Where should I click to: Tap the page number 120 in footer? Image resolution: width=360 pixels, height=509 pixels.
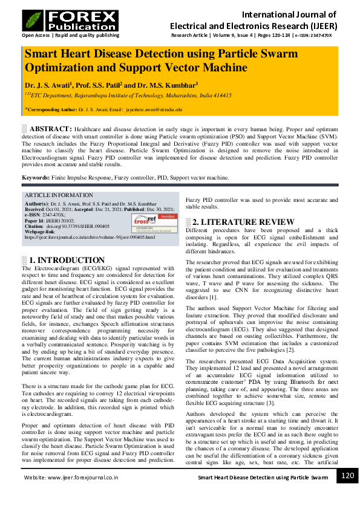tap(347, 476)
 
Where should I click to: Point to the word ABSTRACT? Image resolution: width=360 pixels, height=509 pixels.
tap(51, 129)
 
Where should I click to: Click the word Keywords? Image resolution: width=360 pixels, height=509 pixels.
tap(35, 178)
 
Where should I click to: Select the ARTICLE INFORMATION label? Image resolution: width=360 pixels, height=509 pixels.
tap(54, 195)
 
